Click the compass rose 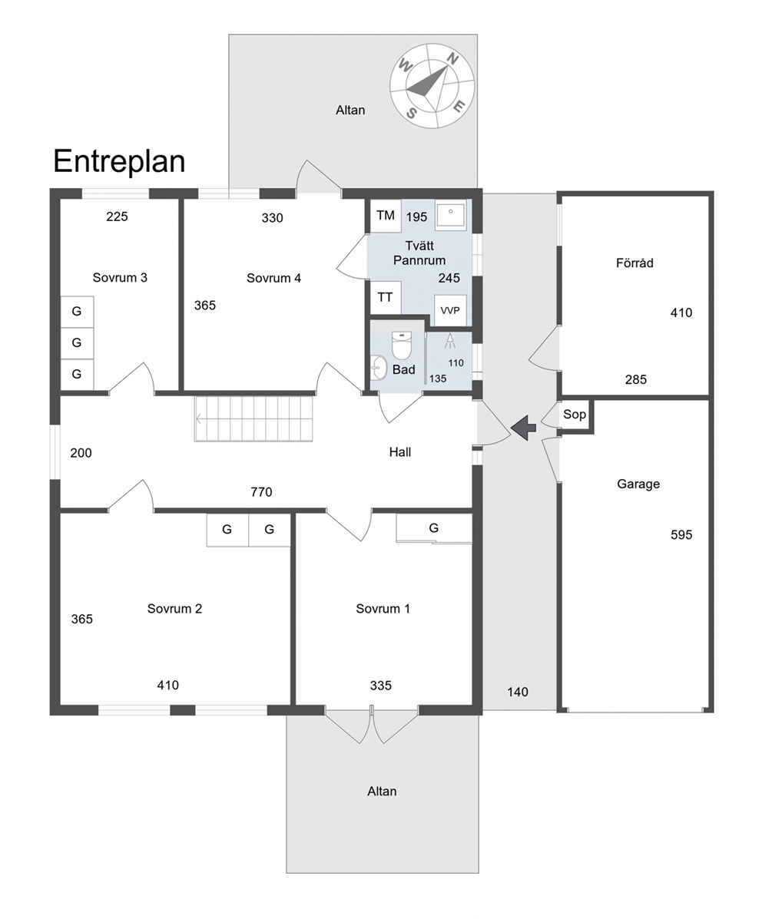pos(432,86)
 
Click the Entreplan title pos(119,162)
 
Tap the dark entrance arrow pos(523,428)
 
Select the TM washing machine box pos(386,216)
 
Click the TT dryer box pos(386,297)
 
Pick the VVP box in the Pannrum pos(449,310)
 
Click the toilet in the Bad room pos(403,345)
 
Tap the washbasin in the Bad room pos(378,369)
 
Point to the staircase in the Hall pos(253,419)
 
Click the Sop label pos(575,415)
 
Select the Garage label pos(638,484)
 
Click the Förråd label pos(634,263)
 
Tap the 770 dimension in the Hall pos(261,492)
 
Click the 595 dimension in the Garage pos(681,535)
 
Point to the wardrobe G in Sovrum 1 pos(433,528)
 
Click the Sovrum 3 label pos(120,278)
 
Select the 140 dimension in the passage pos(518,692)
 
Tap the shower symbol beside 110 pos(450,341)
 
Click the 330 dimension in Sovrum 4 pos(272,218)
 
